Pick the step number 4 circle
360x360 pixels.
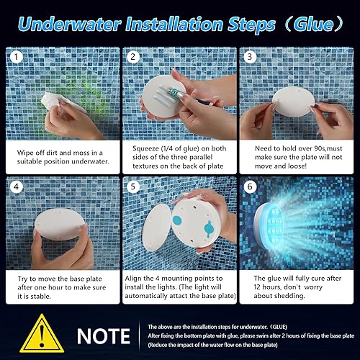coord(15,186)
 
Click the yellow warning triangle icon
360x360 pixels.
coord(41,336)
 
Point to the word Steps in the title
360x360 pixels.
coord(251,23)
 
